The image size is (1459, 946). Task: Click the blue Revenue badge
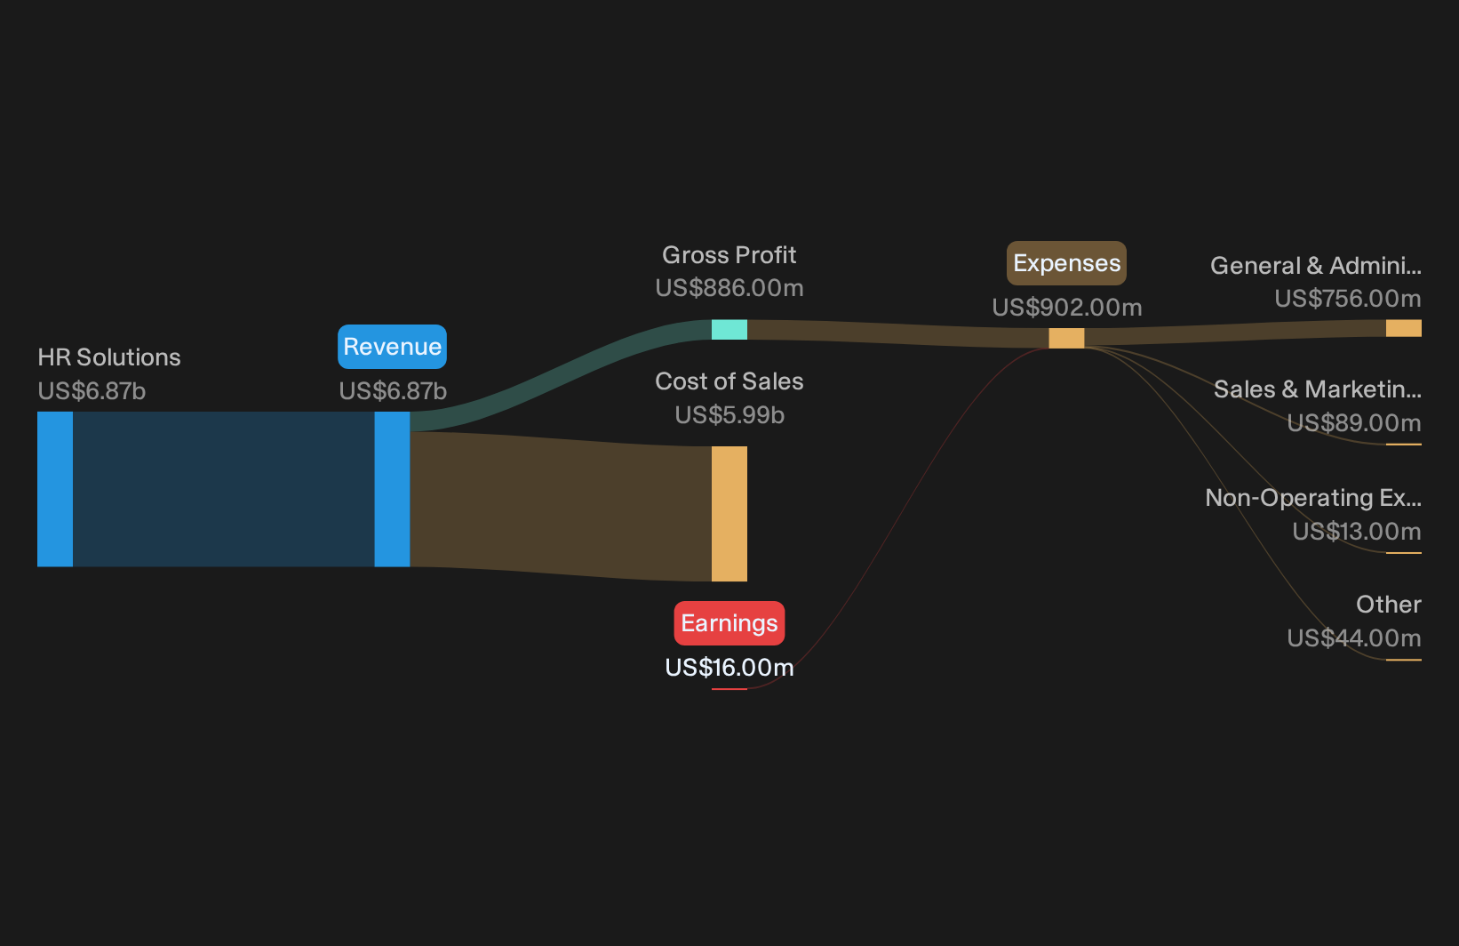[x=392, y=346]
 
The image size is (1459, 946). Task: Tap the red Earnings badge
[x=729, y=623]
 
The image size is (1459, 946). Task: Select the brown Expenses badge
[x=1066, y=263]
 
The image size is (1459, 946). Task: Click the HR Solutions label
[x=108, y=357]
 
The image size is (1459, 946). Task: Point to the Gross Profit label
[x=729, y=255]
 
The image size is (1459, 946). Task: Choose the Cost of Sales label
[x=729, y=381]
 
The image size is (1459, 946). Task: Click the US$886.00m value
[x=729, y=288]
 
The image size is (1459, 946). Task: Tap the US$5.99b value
[x=729, y=415]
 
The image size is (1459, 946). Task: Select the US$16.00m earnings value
[x=729, y=668]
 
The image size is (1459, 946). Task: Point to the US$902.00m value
[x=1067, y=308]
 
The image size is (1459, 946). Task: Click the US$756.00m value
[x=1348, y=299]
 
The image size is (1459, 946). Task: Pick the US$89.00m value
[x=1354, y=423]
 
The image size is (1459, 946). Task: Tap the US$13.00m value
[x=1357, y=532]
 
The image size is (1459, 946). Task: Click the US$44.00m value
[x=1354, y=637]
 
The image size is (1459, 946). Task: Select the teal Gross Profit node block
[x=729, y=329]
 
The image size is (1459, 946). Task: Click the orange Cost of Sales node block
[x=729, y=514]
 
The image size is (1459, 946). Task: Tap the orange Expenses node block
[x=1066, y=339]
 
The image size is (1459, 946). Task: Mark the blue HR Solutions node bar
[x=55, y=489]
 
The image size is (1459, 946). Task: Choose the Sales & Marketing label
[x=1318, y=389]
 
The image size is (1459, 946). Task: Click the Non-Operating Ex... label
[x=1313, y=498]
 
